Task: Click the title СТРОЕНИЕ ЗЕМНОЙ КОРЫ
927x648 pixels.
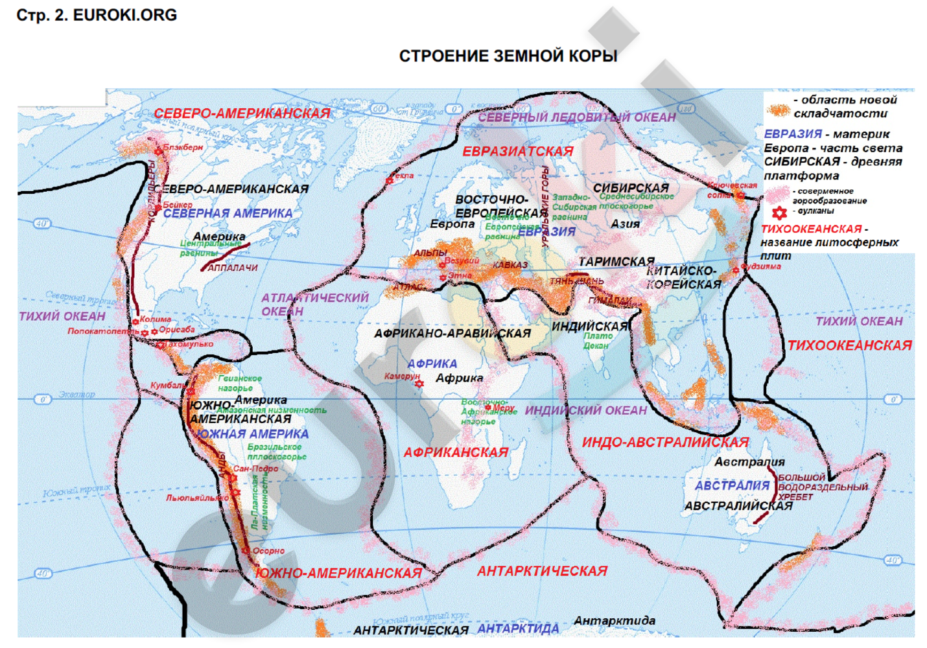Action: [508, 56]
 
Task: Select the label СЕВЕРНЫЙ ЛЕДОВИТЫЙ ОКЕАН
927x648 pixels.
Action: [577, 117]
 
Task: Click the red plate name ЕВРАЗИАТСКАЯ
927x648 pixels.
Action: [517, 152]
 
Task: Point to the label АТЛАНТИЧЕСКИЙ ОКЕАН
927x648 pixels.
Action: [314, 304]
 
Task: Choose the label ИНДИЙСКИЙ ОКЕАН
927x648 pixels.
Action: [585, 410]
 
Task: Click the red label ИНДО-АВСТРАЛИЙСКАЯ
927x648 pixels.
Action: [665, 443]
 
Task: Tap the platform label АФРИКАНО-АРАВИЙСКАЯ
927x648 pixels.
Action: [452, 334]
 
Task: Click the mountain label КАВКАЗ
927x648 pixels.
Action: [510, 265]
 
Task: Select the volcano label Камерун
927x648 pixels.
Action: [401, 376]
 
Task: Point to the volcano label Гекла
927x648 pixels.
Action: [403, 176]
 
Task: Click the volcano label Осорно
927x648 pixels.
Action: [268, 551]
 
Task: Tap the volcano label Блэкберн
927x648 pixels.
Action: [183, 147]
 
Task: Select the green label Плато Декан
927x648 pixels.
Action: [597, 341]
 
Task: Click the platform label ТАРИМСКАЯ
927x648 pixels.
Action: [616, 262]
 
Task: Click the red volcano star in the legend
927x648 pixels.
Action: [779, 212]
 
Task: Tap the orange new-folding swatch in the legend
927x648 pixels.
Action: [778, 108]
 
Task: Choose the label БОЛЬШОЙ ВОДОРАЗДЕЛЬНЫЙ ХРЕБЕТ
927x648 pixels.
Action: [822, 487]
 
